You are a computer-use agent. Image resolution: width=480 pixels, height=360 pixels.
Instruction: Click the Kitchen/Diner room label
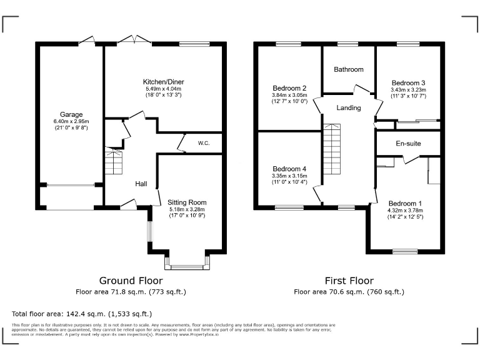click(163, 82)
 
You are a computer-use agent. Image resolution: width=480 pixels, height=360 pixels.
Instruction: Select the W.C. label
click(204, 143)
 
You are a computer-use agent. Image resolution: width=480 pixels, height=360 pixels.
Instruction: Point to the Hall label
click(141, 184)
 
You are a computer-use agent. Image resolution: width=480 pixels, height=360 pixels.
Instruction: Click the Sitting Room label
click(187, 202)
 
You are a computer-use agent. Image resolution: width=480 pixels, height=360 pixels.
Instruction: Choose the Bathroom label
click(348, 69)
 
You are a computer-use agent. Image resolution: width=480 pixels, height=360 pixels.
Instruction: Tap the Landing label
click(348, 107)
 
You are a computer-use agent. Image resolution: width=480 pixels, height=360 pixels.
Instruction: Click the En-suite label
click(408, 144)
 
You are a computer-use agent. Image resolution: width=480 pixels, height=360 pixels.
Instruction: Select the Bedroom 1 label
click(405, 203)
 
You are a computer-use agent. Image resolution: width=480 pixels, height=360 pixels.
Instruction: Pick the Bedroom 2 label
click(289, 87)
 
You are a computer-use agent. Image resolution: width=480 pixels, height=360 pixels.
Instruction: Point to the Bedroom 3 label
click(408, 82)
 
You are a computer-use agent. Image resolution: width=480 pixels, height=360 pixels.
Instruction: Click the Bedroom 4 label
click(289, 169)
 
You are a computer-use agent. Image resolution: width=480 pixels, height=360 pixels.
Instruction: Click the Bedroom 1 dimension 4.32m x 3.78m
click(405, 211)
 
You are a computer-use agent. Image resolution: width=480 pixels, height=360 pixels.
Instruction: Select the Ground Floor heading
click(131, 281)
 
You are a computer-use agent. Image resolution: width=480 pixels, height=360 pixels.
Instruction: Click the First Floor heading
click(349, 281)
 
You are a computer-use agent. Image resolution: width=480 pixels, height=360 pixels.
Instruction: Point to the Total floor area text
click(82, 313)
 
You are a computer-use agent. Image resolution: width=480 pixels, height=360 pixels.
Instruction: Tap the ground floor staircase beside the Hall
click(114, 162)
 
